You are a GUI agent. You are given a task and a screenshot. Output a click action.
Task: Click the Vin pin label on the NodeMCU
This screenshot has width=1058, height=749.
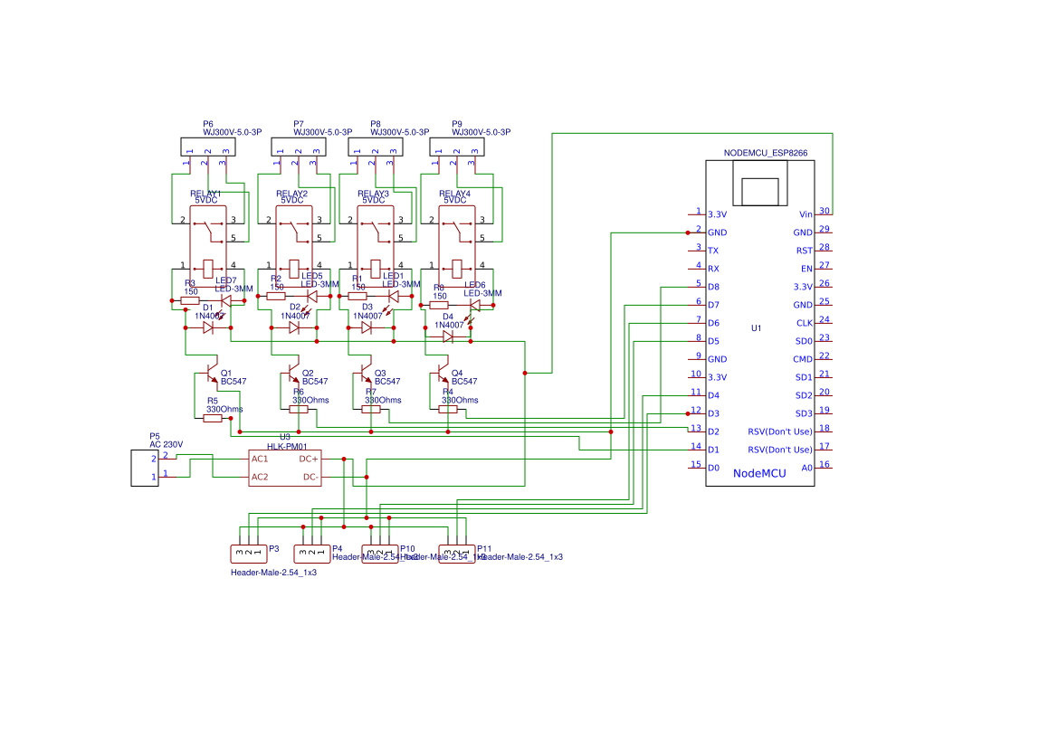click(805, 214)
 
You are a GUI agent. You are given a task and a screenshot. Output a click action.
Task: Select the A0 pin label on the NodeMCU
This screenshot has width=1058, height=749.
click(806, 468)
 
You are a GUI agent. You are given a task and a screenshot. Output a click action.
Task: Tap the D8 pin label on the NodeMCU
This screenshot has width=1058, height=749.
click(713, 287)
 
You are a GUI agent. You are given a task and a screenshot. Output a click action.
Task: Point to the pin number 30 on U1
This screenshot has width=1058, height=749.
click(824, 211)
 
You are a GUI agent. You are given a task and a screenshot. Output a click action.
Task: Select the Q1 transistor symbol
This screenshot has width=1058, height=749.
click(210, 373)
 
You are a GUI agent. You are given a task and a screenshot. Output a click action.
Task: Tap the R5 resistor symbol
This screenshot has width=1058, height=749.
click(213, 419)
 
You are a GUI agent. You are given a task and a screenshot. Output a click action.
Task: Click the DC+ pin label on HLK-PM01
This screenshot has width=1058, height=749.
click(309, 459)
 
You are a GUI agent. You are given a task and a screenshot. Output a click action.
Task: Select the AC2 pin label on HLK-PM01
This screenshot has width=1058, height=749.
click(260, 477)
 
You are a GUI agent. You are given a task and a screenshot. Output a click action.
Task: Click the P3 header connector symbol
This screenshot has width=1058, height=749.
click(248, 553)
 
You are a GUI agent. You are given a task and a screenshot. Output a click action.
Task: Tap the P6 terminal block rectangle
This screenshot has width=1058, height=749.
click(207, 146)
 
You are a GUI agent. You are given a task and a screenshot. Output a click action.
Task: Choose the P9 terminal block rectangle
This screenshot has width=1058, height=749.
click(456, 146)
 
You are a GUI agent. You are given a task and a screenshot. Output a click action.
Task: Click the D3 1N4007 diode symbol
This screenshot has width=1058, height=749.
click(367, 327)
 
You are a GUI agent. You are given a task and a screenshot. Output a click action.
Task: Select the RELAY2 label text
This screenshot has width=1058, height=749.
click(291, 194)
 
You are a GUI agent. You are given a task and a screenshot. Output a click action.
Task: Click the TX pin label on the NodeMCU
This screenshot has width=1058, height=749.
click(713, 251)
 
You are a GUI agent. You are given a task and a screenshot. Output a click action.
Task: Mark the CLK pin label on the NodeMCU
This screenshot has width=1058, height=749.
click(805, 323)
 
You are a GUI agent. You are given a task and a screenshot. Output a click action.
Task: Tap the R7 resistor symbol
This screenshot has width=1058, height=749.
click(371, 409)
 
